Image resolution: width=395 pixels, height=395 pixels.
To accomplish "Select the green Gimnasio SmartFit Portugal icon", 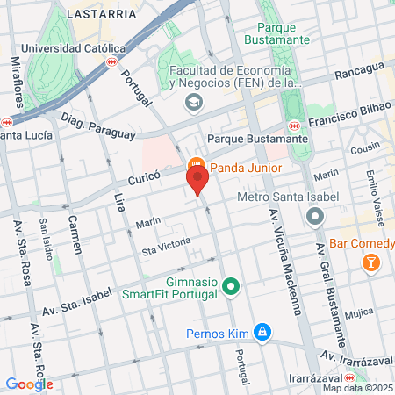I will tap(232, 286).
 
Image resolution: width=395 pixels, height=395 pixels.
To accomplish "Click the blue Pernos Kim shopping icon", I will tap(261, 332).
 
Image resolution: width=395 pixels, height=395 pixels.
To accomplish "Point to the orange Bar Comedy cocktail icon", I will tap(371, 262).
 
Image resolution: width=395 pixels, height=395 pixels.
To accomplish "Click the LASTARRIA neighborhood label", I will tap(106, 14).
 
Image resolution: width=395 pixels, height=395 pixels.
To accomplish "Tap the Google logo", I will tap(29, 384).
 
